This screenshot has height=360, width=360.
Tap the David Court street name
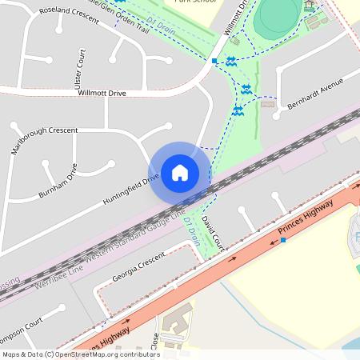pyautogui.click(x=210, y=230)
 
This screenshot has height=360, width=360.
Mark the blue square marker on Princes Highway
pyautogui.click(x=282, y=240)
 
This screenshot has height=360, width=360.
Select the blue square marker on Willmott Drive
pyautogui.click(x=214, y=61)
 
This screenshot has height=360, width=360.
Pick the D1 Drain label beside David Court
pyautogui.click(x=193, y=230)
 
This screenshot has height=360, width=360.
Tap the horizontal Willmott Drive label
pyautogui.click(x=102, y=93)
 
